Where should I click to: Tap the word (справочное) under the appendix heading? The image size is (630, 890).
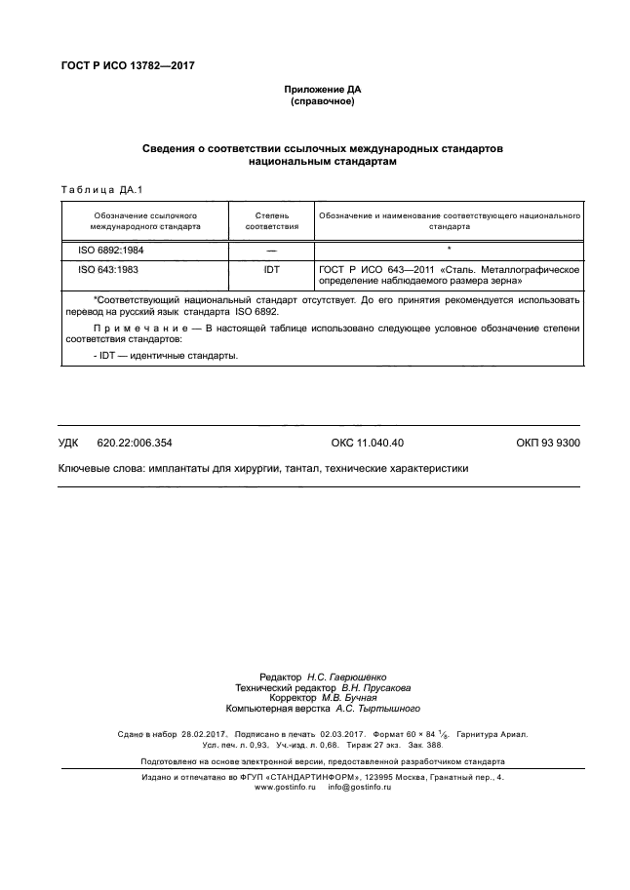pyautogui.click(x=321, y=101)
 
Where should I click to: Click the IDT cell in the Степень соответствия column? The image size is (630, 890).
pyautogui.click(x=271, y=268)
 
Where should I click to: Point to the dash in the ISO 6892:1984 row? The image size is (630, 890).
pyautogui.click(x=271, y=251)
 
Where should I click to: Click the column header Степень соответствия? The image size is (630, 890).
pyautogui.click(x=271, y=219)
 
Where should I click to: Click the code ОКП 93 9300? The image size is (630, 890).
pyautogui.click(x=547, y=443)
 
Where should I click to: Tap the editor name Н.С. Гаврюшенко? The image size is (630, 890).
pyautogui.click(x=347, y=676)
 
